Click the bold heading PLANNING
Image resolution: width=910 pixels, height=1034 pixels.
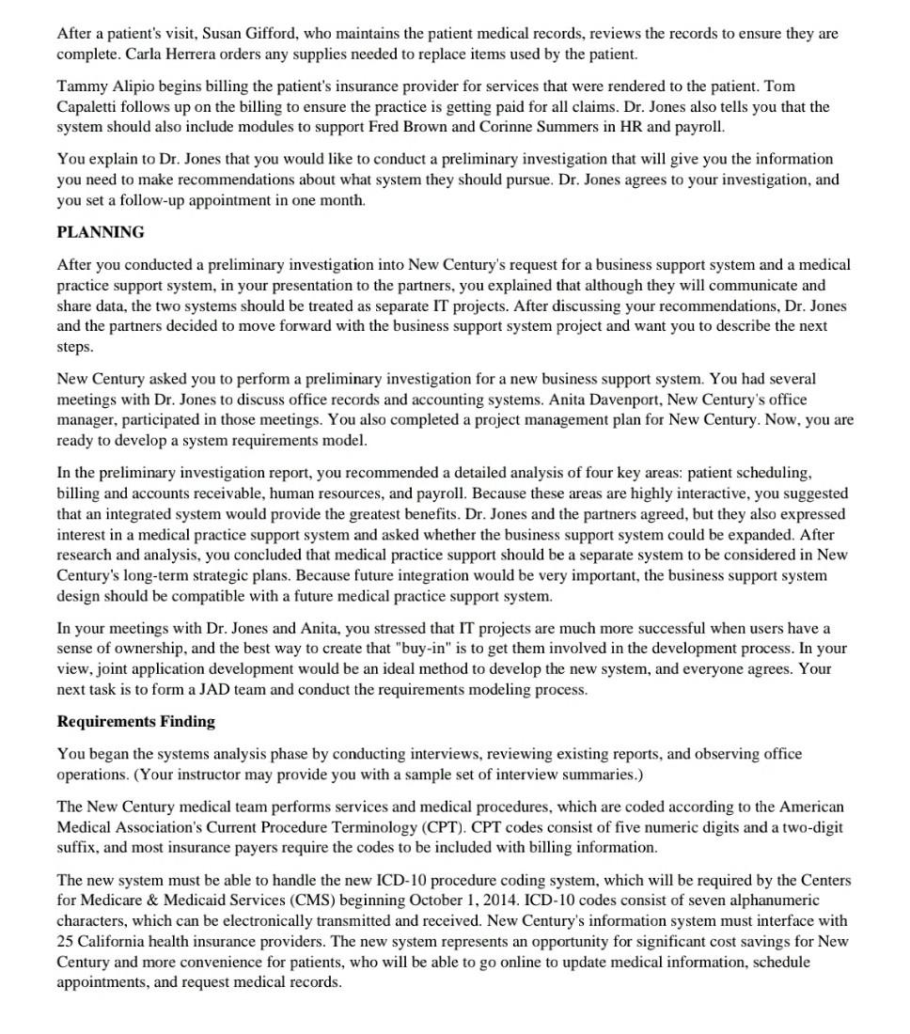tap(101, 232)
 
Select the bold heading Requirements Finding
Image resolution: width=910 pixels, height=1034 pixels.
tap(135, 722)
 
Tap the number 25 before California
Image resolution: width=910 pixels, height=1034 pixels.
tap(66, 942)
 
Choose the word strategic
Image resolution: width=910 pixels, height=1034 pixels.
tap(222, 576)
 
